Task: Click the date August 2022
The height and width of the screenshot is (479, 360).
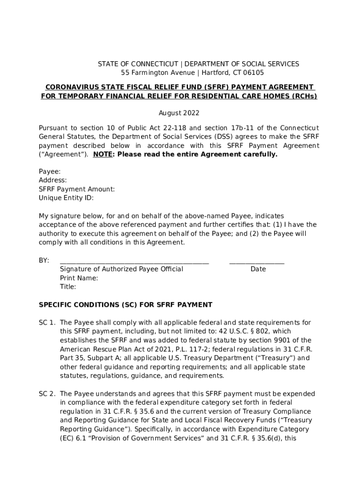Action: click(179, 113)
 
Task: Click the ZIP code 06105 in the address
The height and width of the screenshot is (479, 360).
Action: click(253, 73)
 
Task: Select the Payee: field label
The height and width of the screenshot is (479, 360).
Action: click(49, 172)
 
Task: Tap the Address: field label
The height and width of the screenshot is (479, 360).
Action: click(52, 180)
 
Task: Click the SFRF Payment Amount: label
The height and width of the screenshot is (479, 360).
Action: click(77, 189)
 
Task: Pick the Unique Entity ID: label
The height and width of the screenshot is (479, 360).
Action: click(66, 198)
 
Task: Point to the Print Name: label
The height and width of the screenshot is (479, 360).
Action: click(79, 278)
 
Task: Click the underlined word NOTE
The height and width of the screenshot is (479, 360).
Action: click(102, 154)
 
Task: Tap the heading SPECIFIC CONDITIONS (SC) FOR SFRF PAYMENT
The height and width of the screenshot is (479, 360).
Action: click(125, 305)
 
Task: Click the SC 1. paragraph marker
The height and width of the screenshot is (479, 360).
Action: click(47, 322)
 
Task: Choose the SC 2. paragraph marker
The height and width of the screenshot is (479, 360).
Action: click(47, 393)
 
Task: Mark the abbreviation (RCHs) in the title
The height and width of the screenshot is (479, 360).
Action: click(304, 96)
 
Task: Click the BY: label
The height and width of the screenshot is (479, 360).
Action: click(44, 261)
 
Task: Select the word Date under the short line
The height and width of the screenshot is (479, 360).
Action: click(258, 269)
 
